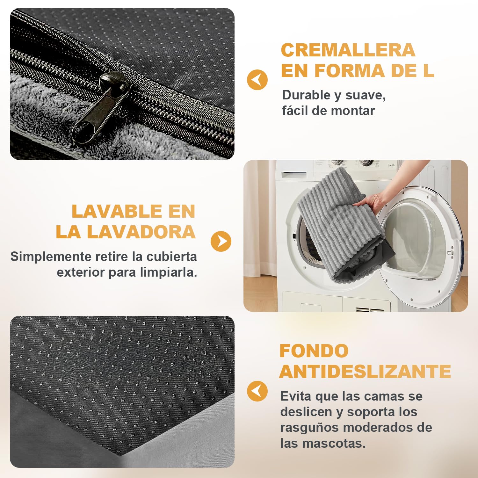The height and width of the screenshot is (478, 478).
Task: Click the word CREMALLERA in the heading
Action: (x=348, y=50)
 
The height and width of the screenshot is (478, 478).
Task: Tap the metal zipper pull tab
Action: (x=101, y=107)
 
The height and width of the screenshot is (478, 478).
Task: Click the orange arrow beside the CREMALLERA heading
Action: (x=257, y=80)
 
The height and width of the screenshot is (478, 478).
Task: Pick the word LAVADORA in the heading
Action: (x=141, y=232)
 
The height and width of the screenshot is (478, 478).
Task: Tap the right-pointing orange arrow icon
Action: (x=221, y=241)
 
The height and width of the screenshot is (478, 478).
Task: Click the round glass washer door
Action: (x=421, y=247)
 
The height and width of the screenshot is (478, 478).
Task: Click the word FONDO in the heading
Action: (x=314, y=351)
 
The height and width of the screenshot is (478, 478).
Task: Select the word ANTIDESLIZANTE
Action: (x=365, y=372)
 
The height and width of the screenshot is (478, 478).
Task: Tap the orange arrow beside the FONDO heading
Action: (x=257, y=391)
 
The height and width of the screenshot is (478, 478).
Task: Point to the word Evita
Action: (x=296, y=396)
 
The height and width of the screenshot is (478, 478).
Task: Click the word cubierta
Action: (x=171, y=257)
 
